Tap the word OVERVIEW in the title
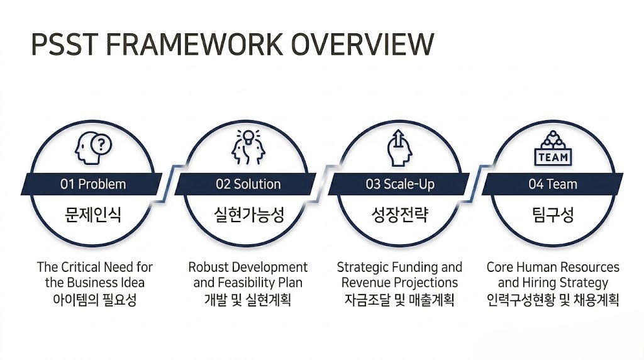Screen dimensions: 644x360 coord(363,44)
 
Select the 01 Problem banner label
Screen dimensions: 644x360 coord(93,184)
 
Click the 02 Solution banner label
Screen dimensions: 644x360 coord(248,184)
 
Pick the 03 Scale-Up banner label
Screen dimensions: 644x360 coord(400,184)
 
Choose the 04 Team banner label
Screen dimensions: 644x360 coord(553,184)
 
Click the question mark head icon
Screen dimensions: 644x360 coord(93,149)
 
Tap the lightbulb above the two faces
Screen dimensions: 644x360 coord(248,137)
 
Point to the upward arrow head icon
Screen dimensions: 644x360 coord(399,149)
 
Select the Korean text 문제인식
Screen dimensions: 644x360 coord(93,215)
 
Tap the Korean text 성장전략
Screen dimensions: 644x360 coord(400,215)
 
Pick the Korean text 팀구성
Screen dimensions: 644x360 coord(553,215)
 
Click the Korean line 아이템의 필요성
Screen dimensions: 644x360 coord(94,300)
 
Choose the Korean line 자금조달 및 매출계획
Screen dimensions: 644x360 coord(399,300)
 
